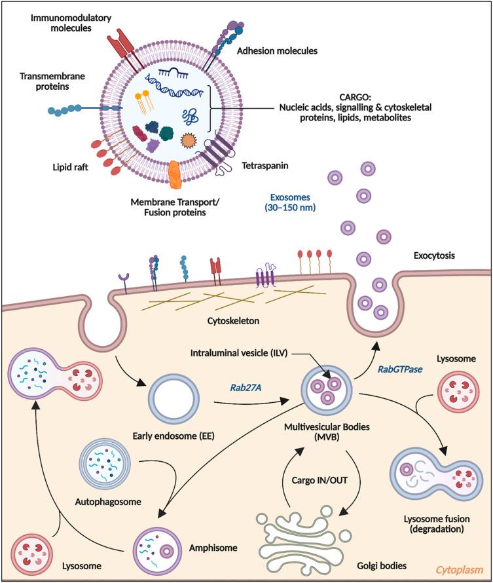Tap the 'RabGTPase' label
pos(399,369)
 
